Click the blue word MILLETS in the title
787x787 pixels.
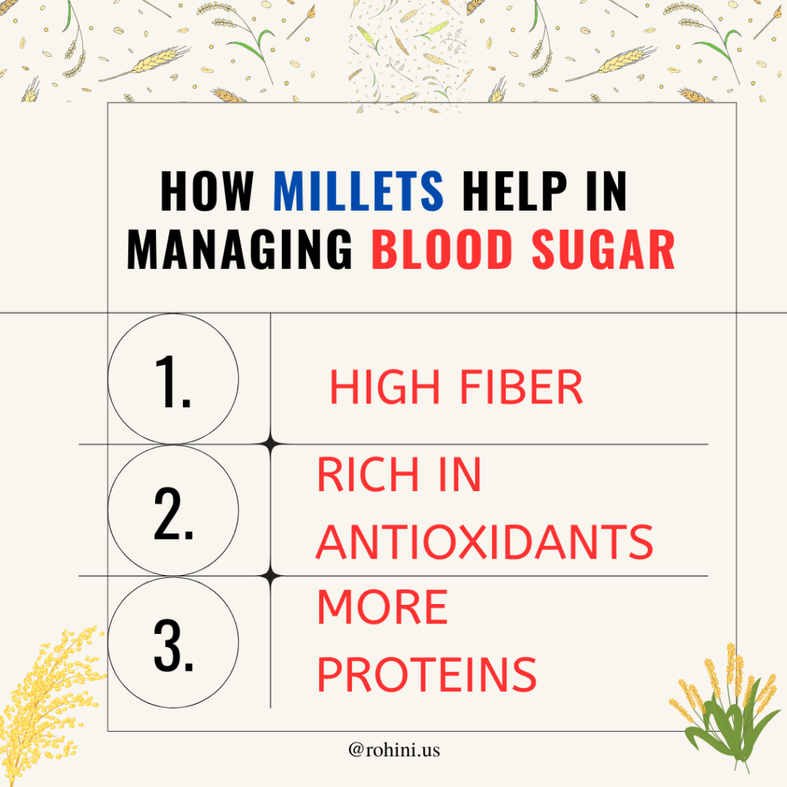coord(359,191)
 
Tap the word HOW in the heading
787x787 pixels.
coord(207,191)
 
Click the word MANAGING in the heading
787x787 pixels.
coord(240,250)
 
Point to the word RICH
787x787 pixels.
coord(367,477)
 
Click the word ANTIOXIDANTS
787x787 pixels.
coord(484,542)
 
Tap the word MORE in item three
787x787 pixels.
coord(382,608)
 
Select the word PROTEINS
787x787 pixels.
coord(427,674)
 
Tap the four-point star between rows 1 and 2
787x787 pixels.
coord(271,443)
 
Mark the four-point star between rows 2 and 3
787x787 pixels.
coord(271,576)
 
